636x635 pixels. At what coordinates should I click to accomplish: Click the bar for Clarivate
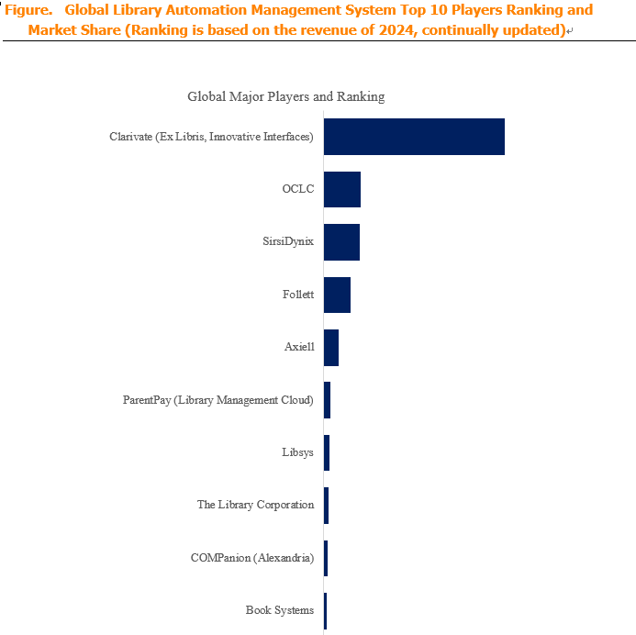(414, 137)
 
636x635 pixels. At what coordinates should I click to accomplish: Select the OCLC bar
(342, 189)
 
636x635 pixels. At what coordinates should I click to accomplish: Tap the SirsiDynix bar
(342, 242)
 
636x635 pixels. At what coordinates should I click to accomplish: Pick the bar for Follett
(337, 295)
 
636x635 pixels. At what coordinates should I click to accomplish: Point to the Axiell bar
(331, 348)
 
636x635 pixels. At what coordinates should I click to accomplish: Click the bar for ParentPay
(328, 400)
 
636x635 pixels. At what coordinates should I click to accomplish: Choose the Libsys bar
(327, 452)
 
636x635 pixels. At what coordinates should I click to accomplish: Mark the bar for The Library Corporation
(327, 506)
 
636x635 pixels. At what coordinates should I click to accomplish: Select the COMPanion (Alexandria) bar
(326, 558)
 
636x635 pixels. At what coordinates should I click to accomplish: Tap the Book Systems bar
(326, 610)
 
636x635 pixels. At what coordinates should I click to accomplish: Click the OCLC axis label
(298, 189)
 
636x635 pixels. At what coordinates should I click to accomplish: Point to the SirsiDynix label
(288, 241)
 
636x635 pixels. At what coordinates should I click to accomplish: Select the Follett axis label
(298, 294)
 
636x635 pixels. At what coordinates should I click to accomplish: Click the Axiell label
(299, 347)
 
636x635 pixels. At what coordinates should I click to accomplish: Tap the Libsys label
(297, 452)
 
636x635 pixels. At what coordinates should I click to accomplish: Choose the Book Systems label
(280, 610)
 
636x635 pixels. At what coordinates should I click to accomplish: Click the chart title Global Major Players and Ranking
(286, 96)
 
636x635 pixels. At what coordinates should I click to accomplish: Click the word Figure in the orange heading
(28, 10)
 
